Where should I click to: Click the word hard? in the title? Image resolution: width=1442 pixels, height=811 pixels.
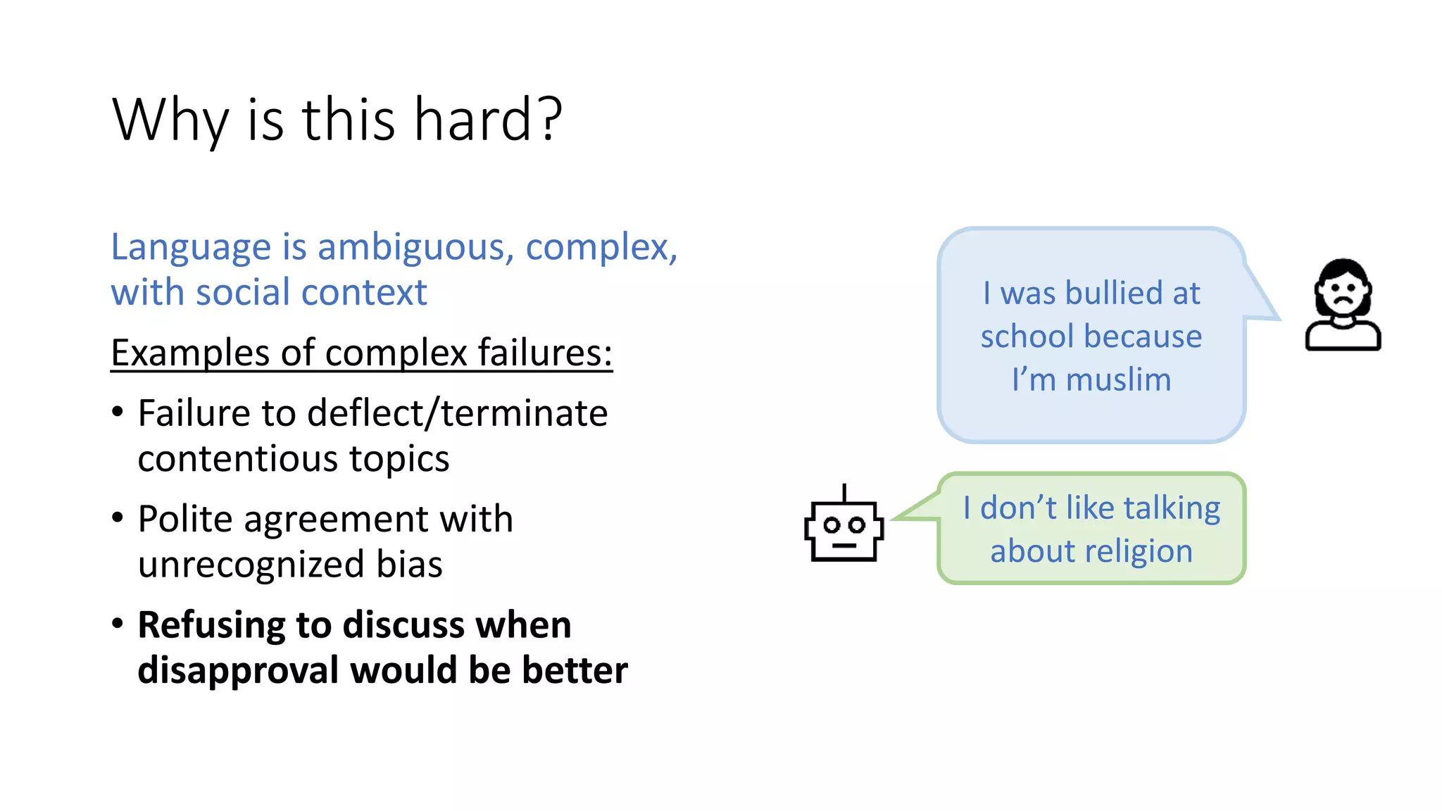[487, 120]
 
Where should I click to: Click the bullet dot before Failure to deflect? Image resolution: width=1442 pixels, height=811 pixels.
[118, 412]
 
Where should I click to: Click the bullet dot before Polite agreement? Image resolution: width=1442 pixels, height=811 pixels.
[118, 517]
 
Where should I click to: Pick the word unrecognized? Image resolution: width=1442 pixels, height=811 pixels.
[251, 565]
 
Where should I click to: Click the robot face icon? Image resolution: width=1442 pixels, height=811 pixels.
[844, 531]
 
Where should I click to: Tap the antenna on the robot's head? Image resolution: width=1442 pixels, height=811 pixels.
[844, 492]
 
